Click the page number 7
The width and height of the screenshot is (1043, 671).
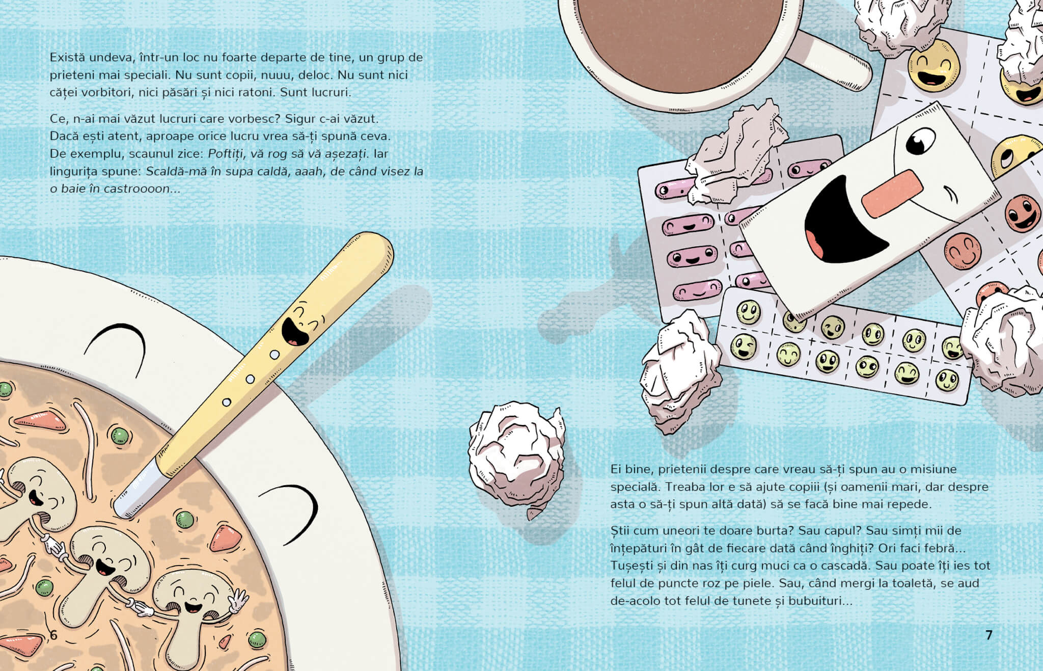(x=989, y=635)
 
